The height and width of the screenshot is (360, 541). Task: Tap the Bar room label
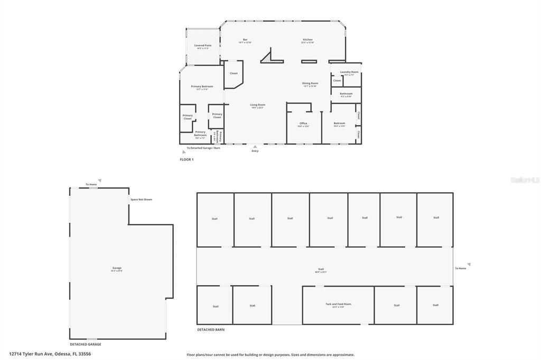click(245, 40)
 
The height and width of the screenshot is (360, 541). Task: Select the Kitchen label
click(307, 40)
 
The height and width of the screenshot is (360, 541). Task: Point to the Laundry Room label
click(349, 72)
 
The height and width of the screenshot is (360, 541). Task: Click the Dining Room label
click(310, 83)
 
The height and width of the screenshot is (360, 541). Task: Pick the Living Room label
click(258, 105)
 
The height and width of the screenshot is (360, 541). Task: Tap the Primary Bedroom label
click(202, 87)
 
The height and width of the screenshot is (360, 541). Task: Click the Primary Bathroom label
click(200, 133)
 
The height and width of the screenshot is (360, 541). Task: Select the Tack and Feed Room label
click(338, 305)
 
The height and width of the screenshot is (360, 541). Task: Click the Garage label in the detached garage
click(117, 268)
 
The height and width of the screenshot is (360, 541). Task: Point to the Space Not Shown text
click(141, 200)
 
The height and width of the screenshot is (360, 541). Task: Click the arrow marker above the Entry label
click(255, 147)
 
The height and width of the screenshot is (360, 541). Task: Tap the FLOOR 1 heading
click(187, 159)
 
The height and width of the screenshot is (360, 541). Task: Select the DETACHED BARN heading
click(211, 330)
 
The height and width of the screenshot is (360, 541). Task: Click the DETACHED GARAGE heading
click(86, 344)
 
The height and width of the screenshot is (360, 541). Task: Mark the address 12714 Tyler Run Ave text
click(50, 354)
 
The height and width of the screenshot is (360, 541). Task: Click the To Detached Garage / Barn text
click(203, 148)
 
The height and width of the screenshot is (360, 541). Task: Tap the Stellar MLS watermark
click(525, 180)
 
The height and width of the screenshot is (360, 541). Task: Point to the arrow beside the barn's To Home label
click(469, 264)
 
